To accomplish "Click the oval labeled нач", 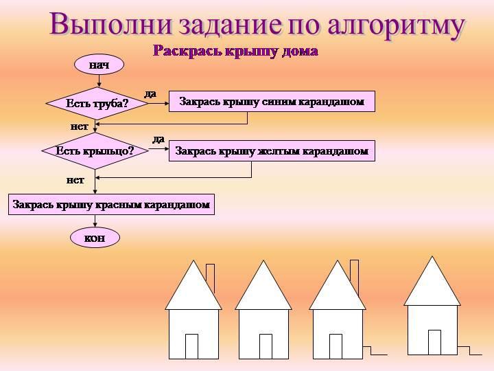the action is (x=99, y=65).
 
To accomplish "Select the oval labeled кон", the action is (x=95, y=238).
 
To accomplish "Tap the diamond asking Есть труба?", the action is (x=97, y=104).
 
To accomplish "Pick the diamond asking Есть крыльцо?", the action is (x=95, y=150).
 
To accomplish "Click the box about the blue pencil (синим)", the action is (x=272, y=102).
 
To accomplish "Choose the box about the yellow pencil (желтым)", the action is (x=272, y=150).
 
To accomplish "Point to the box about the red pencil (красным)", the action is (x=111, y=205).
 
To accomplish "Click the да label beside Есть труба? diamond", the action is (x=150, y=93).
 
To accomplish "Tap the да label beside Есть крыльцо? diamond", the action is (x=158, y=139).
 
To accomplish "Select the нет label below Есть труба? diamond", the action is (x=79, y=126).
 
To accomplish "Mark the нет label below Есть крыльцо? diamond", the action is (x=75, y=180).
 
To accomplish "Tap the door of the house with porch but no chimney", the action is (x=434, y=342).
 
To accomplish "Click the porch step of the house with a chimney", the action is (x=375, y=351).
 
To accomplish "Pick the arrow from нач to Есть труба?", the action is (x=99, y=81).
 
